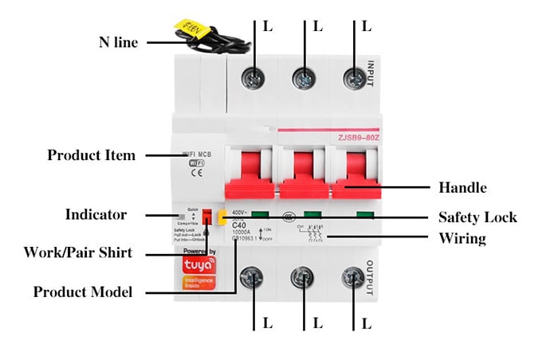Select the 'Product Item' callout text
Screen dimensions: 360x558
91,155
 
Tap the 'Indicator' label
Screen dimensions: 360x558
95,214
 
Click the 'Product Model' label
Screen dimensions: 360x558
82,292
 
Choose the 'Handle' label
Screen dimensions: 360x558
462,188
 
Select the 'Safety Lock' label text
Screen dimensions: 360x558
477,217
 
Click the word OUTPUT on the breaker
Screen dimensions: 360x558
369,280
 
